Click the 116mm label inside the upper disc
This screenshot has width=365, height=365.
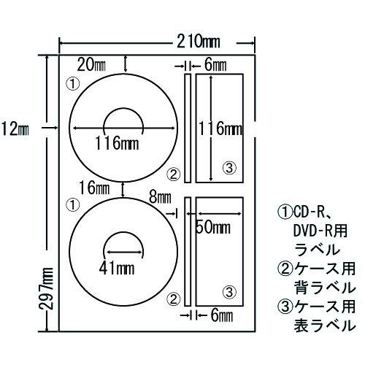118,142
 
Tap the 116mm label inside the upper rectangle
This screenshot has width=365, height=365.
220,130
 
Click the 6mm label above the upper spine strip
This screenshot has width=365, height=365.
215,64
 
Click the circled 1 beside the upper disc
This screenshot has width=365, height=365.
72,84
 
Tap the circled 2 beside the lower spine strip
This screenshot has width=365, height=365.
172,298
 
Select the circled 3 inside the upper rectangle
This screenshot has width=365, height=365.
229,169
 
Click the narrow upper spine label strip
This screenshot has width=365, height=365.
187,128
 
